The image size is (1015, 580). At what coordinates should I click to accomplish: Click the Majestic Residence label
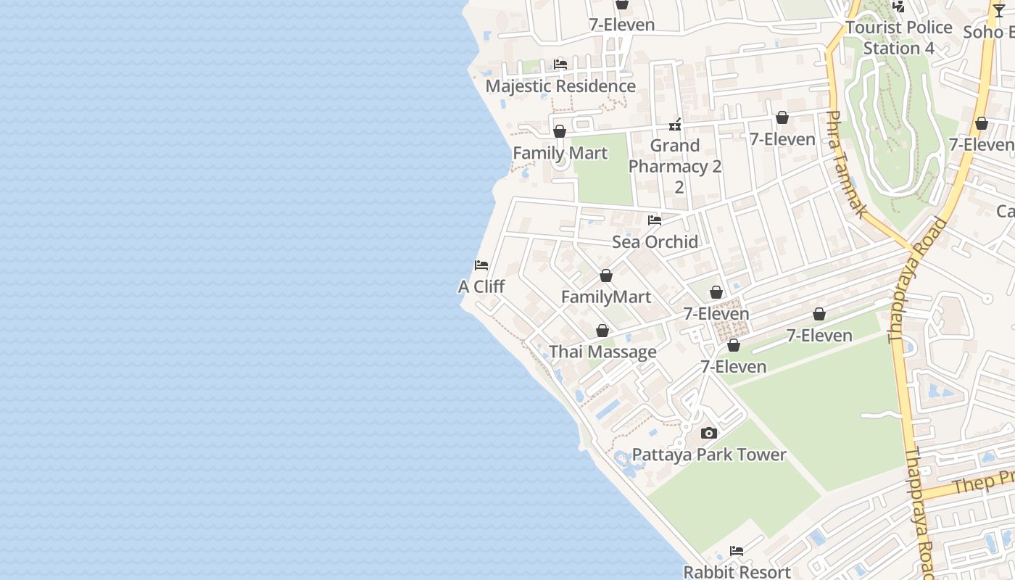560,86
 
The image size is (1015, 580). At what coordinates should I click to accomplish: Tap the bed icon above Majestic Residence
560,65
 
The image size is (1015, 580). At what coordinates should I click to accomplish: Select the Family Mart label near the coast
560,153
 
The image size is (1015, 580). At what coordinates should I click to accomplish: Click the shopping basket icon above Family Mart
560,131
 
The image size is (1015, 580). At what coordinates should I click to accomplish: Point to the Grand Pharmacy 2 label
675,156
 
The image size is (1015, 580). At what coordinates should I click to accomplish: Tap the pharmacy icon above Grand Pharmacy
675,125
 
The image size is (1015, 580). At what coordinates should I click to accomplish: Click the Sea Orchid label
655,241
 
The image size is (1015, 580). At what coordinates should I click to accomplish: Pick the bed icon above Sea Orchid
655,220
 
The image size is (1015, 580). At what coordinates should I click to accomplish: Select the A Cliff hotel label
481,286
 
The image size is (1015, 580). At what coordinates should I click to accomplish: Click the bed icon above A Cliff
481,265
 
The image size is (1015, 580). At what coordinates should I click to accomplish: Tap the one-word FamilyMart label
606,297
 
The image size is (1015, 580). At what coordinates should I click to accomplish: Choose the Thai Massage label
602,352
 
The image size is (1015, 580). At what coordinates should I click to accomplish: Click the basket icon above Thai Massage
602,331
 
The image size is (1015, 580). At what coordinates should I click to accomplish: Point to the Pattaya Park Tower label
709,455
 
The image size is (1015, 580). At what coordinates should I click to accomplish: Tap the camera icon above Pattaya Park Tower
709,433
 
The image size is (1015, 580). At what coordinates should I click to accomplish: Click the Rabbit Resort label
737,572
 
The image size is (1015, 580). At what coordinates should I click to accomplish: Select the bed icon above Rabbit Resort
737,551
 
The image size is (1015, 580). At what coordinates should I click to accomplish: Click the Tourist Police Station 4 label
899,38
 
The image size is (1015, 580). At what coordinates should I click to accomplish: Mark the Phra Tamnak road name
847,164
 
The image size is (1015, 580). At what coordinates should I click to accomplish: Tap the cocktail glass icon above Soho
999,10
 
